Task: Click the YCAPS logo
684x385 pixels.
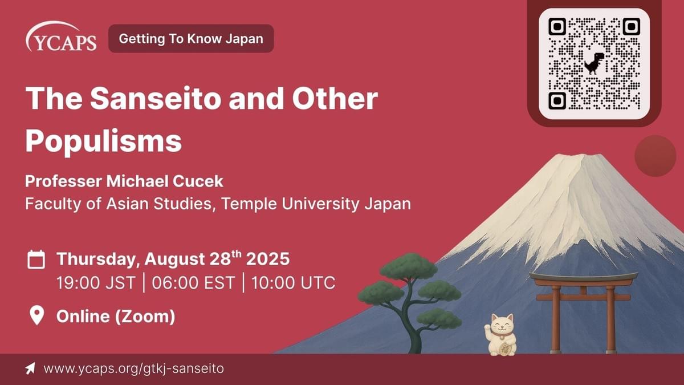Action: [x=61, y=37]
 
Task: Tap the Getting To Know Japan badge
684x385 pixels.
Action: [x=191, y=39]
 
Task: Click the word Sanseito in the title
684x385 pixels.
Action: [x=156, y=99]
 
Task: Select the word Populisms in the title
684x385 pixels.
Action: [x=104, y=140]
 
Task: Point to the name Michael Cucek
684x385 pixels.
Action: [x=165, y=181]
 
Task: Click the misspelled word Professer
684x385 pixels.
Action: [x=63, y=181]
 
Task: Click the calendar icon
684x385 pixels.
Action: [x=36, y=260]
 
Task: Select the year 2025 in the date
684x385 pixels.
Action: [x=268, y=259]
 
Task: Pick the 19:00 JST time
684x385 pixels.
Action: [x=96, y=283]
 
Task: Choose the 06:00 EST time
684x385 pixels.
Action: [x=193, y=283]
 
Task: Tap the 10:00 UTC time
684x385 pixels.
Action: [x=293, y=283]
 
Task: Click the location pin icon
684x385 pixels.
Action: [x=36, y=315]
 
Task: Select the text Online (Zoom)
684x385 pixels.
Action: [x=116, y=316]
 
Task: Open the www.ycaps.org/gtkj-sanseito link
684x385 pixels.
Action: [x=134, y=368]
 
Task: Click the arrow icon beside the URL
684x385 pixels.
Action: [x=30, y=368]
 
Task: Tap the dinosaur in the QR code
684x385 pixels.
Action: [x=594, y=63]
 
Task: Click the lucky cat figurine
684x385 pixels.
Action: [x=500, y=335]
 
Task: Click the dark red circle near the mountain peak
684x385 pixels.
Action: [x=655, y=156]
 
